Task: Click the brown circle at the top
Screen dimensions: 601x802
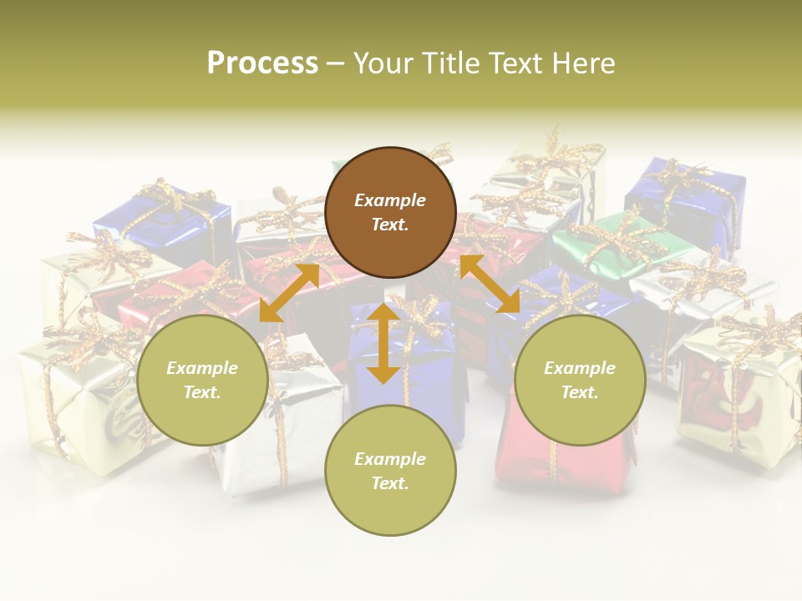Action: coord(390,212)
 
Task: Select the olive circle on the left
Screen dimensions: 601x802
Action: coord(202,380)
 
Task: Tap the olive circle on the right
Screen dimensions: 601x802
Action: coord(580,380)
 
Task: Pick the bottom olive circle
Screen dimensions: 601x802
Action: coord(390,471)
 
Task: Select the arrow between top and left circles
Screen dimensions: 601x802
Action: coord(289,292)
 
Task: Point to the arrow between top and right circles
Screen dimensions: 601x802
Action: coord(490,284)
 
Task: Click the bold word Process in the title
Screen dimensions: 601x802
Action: coord(262,63)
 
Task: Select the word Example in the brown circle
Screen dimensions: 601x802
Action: coord(390,200)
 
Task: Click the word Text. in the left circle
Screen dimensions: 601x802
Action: coord(202,392)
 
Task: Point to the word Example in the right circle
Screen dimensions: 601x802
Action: coord(580,368)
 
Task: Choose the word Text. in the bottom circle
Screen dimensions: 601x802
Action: coord(390,483)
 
